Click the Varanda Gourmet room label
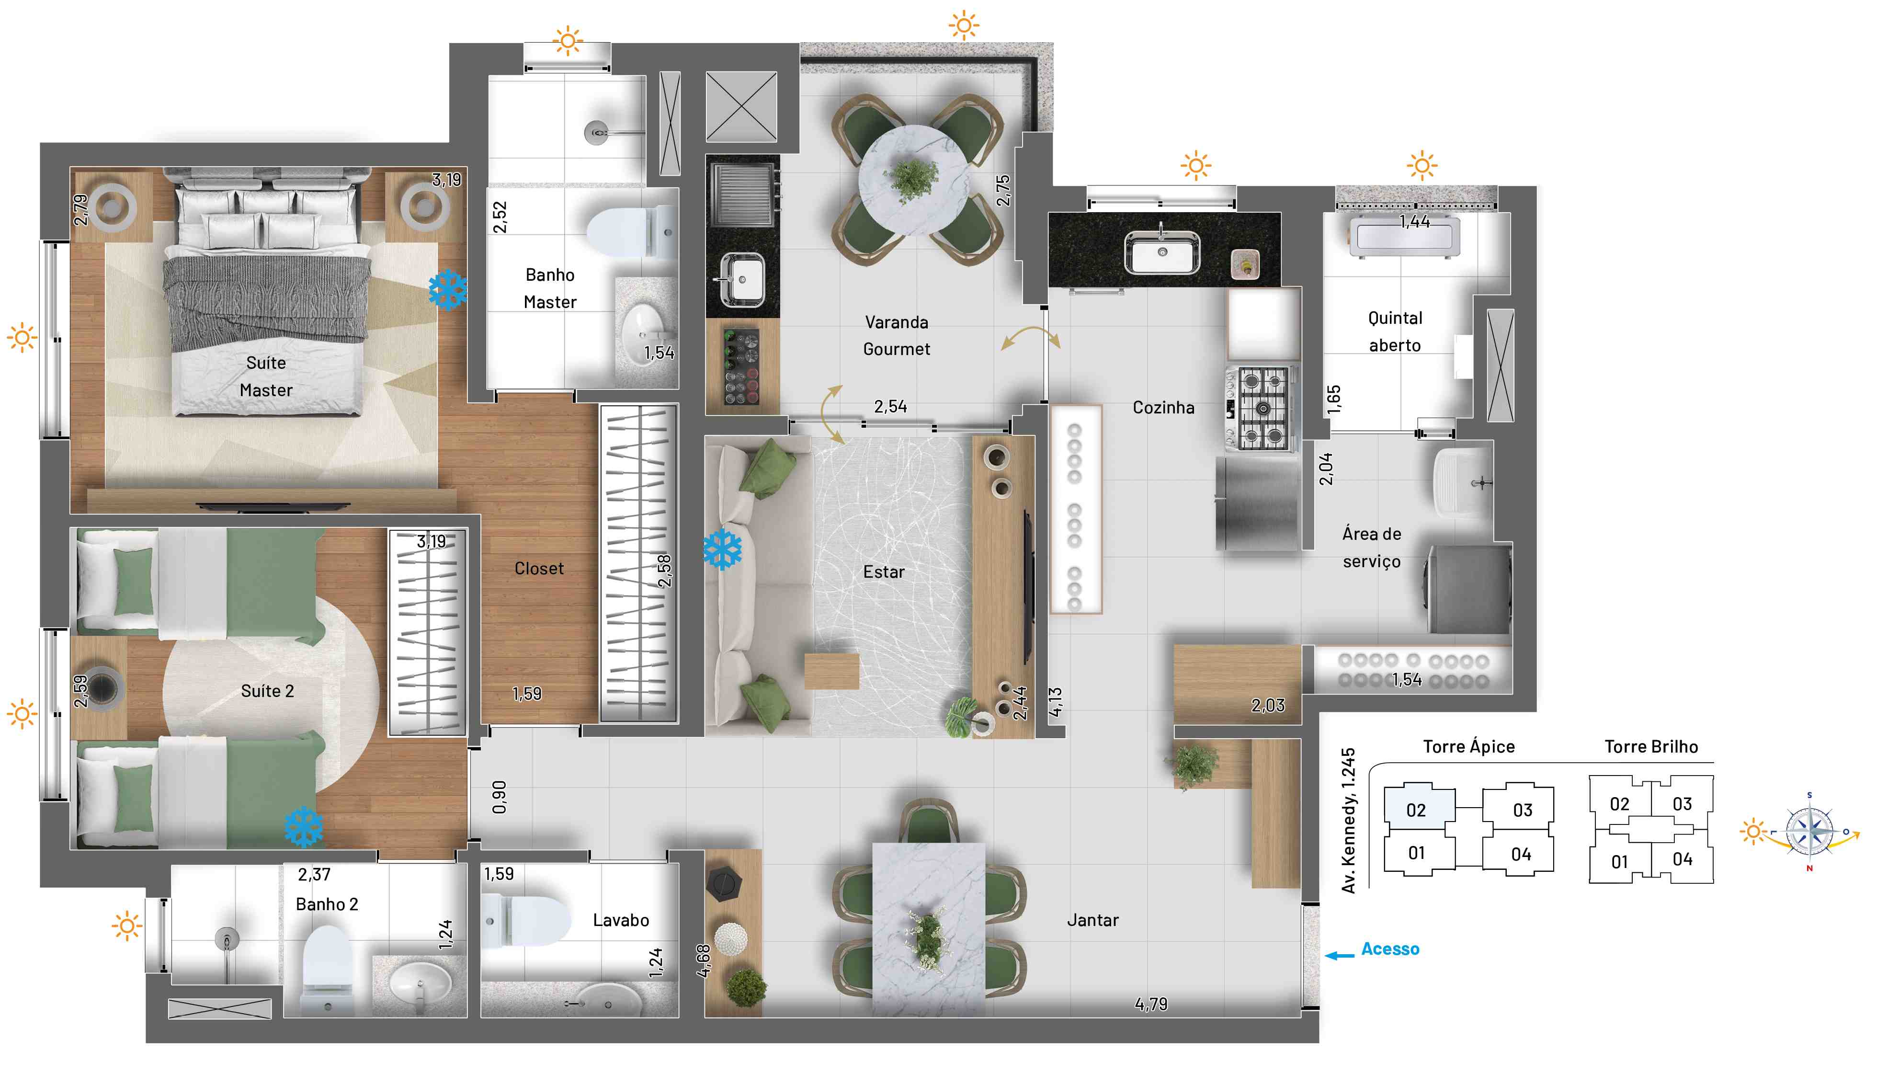896,336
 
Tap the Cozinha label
1163,407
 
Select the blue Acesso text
1390,948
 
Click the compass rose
1809,831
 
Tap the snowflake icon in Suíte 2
303,827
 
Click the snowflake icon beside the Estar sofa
722,549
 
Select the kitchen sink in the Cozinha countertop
1161,251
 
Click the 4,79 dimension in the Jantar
1150,1004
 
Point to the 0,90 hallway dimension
499,798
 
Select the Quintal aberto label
1395,331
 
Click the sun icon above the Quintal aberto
1421,165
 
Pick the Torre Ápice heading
1468,746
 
